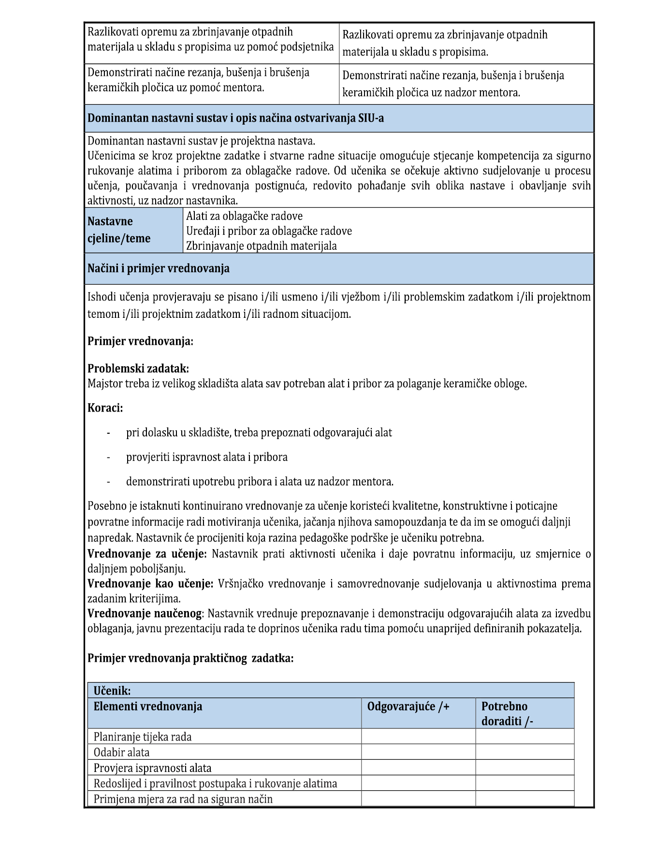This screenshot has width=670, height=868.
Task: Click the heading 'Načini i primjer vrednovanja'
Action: (x=158, y=269)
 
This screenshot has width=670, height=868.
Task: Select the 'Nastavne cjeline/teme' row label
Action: (x=119, y=230)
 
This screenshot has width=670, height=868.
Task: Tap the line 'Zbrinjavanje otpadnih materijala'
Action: (x=262, y=246)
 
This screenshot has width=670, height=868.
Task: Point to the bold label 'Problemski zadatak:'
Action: (x=138, y=369)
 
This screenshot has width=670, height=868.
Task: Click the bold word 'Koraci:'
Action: (x=105, y=408)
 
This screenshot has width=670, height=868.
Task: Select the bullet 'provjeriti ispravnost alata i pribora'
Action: (x=206, y=457)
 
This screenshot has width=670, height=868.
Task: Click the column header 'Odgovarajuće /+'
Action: (x=408, y=707)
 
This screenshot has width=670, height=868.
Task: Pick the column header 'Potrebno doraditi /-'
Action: (x=507, y=713)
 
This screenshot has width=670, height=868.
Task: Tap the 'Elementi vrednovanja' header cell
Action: (x=147, y=707)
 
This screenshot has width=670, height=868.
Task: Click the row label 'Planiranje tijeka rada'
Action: (x=142, y=737)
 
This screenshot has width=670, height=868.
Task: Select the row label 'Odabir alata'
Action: (x=121, y=752)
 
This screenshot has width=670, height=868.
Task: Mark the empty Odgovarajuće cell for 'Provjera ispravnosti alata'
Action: (x=418, y=768)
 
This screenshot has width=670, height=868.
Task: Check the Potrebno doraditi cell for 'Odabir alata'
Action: (x=524, y=752)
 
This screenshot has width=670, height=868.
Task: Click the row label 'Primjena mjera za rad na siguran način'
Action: (x=183, y=799)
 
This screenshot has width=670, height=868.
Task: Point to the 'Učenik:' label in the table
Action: (x=112, y=691)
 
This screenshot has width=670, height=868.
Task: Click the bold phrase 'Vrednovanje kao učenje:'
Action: (x=150, y=583)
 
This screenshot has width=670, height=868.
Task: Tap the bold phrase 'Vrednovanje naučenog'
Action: (x=144, y=613)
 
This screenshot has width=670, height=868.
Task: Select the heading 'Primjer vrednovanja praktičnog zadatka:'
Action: (x=190, y=658)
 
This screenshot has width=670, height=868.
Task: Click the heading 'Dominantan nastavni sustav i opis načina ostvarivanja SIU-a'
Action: (x=235, y=118)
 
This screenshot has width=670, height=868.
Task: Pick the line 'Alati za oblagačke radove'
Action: (x=244, y=216)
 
